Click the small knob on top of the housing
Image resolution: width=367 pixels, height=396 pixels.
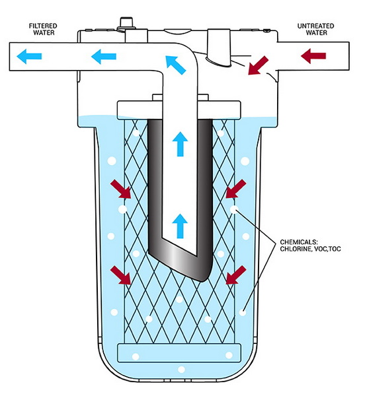pyautogui.click(x=124, y=24)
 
